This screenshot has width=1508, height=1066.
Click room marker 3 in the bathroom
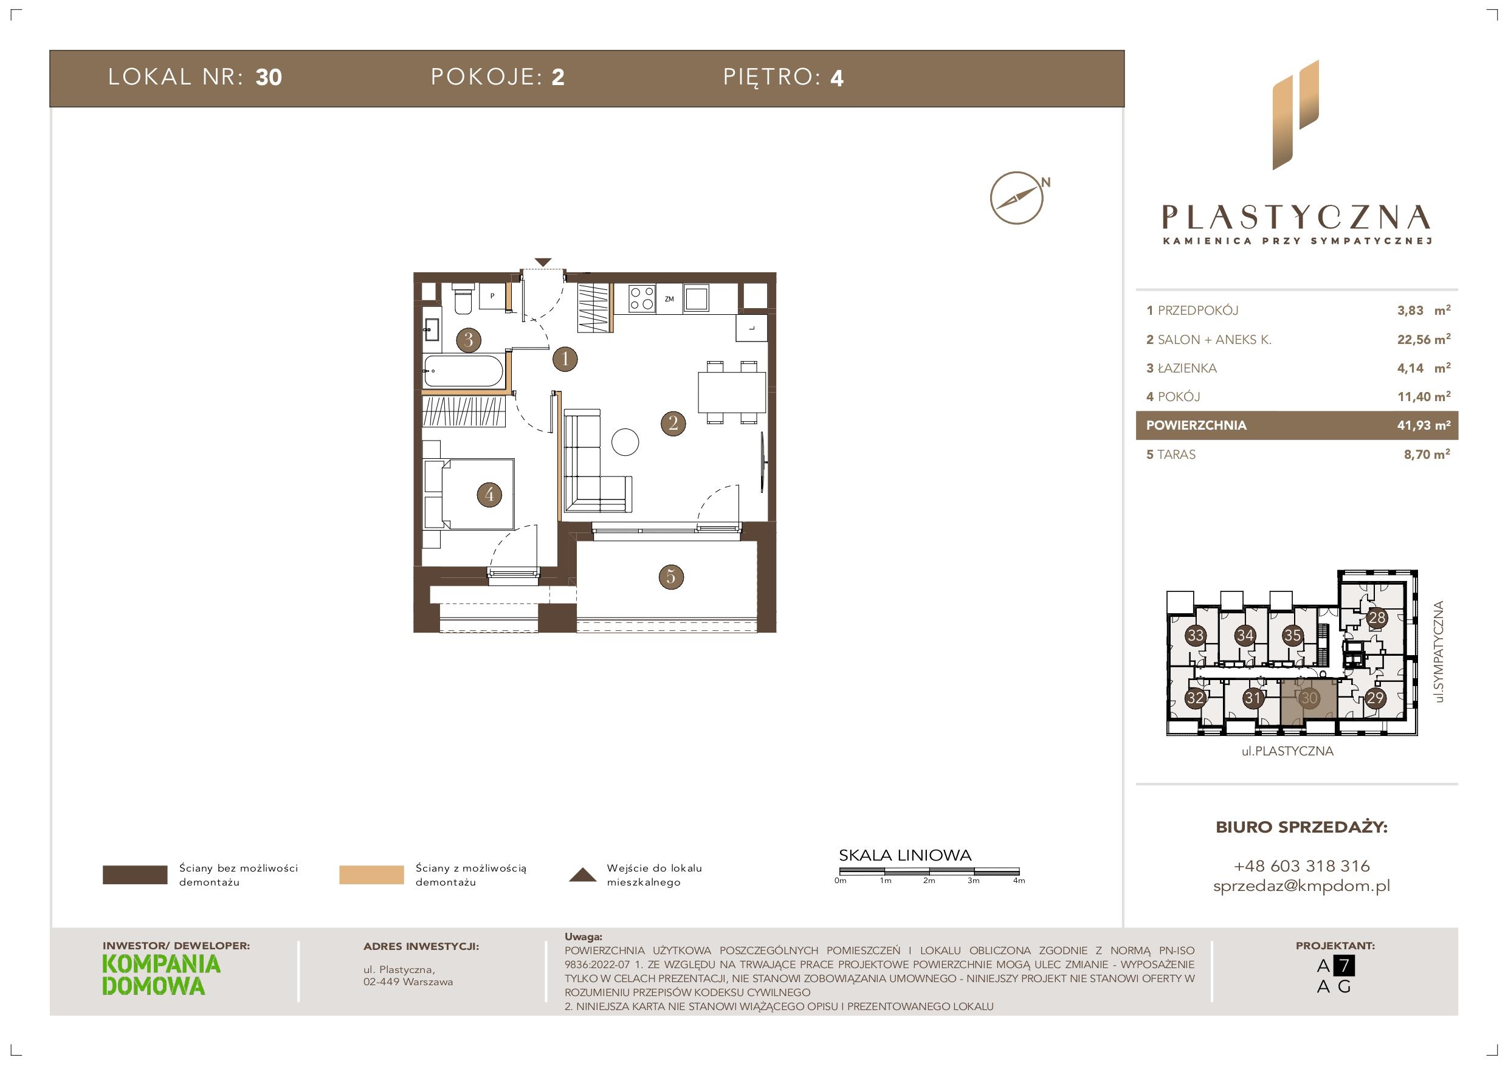pyautogui.click(x=468, y=340)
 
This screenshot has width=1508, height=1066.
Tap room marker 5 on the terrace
pyautogui.click(x=670, y=577)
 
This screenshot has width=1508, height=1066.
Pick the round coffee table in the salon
pyautogui.click(x=625, y=442)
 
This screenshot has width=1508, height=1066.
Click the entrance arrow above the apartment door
pyautogui.click(x=543, y=262)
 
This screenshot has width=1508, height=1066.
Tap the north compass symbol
pyautogui.click(x=1017, y=198)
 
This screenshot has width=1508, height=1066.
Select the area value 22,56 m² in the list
pyautogui.click(x=1424, y=339)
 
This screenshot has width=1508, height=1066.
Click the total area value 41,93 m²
pyautogui.click(x=1424, y=425)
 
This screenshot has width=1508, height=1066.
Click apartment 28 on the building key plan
pyautogui.click(x=1377, y=618)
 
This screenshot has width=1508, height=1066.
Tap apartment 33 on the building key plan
pyautogui.click(x=1196, y=635)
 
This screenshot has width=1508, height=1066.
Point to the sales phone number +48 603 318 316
pyautogui.click(x=1302, y=865)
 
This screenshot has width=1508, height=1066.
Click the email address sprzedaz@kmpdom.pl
pyautogui.click(x=1302, y=886)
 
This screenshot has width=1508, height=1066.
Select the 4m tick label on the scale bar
pyautogui.click(x=1019, y=881)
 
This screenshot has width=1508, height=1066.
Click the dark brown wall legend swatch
pyautogui.click(x=136, y=875)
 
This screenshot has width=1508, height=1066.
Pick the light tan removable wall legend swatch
pyautogui.click(x=371, y=875)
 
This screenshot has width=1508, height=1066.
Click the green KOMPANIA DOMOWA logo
pyautogui.click(x=162, y=975)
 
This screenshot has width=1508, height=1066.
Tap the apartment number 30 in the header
pyautogui.click(x=269, y=78)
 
